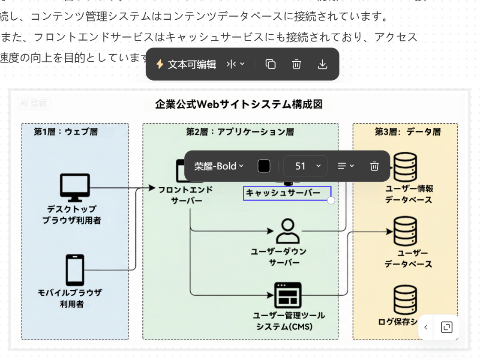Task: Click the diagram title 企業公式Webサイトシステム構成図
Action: click(x=238, y=105)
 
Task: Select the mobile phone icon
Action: click(x=74, y=270)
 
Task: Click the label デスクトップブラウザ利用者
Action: click(x=72, y=215)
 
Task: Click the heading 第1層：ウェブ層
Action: click(x=66, y=132)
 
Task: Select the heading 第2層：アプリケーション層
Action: click(x=240, y=132)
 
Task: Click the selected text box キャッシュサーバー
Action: click(x=283, y=193)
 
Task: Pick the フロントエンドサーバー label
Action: click(x=185, y=195)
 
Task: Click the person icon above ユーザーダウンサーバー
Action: click(x=288, y=231)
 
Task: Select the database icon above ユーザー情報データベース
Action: click(x=405, y=168)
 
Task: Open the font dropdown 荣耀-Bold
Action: click(x=219, y=166)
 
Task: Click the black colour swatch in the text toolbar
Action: click(x=264, y=166)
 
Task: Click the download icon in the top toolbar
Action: click(x=323, y=64)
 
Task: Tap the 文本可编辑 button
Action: click(x=186, y=64)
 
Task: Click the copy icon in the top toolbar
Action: click(x=270, y=64)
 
